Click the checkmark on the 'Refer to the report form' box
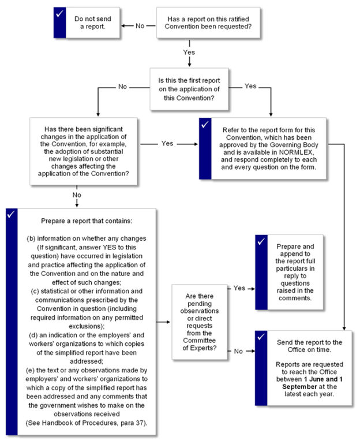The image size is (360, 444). tap(204, 125)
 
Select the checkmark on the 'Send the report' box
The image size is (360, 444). tap(261, 337)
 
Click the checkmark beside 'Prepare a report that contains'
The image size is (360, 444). tap(12, 215)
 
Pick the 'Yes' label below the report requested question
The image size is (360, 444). tap(189, 53)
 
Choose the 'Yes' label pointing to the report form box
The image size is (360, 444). tap(167, 143)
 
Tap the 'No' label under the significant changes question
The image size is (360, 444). tap(77, 196)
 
